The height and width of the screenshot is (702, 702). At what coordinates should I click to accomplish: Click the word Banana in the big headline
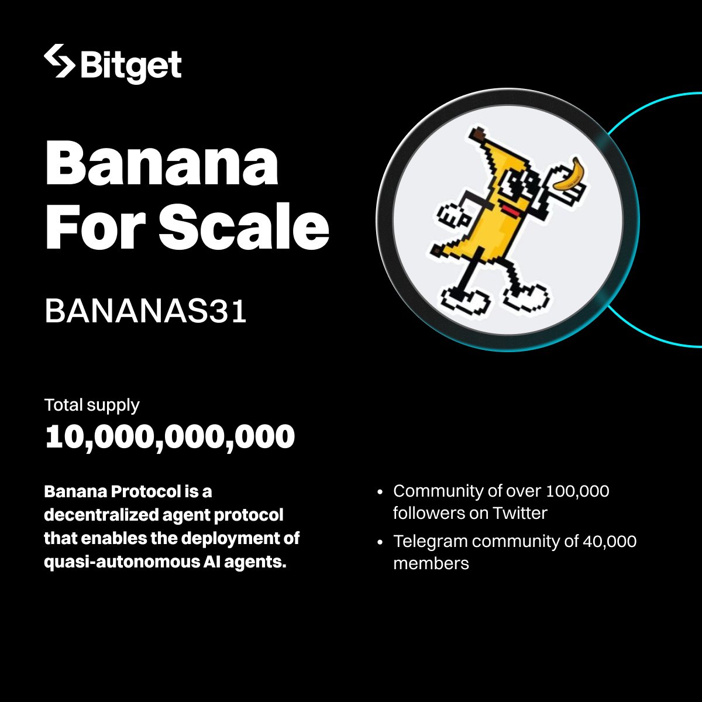point(161,164)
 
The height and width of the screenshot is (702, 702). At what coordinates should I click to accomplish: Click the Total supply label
point(92,405)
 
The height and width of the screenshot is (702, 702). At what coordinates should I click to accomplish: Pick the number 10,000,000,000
point(170,437)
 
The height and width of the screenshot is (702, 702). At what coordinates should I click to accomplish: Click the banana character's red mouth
point(510,209)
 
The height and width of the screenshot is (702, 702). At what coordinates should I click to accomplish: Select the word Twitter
point(519,513)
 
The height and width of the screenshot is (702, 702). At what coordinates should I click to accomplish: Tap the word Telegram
point(430,541)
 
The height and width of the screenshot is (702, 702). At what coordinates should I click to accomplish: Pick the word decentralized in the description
point(93,515)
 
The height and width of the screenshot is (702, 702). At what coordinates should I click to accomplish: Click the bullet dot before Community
point(381,493)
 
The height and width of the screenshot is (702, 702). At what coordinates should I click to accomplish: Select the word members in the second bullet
point(431,563)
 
